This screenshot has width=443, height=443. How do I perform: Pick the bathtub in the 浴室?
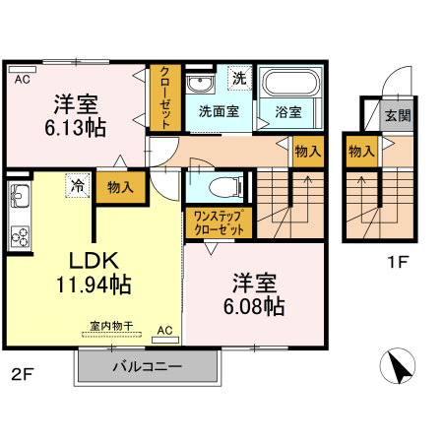pyautogui.click(x=287, y=82)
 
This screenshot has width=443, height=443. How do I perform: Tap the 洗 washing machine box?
pyautogui.click(x=237, y=77)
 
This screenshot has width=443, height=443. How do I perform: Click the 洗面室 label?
pyautogui.click(x=218, y=112)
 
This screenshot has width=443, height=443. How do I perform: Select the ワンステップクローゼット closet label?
pyautogui.click(x=218, y=221)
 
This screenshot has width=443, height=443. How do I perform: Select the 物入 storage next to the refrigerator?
pyautogui.click(x=121, y=186)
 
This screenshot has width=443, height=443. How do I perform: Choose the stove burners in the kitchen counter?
pyautogui.click(x=20, y=234)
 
